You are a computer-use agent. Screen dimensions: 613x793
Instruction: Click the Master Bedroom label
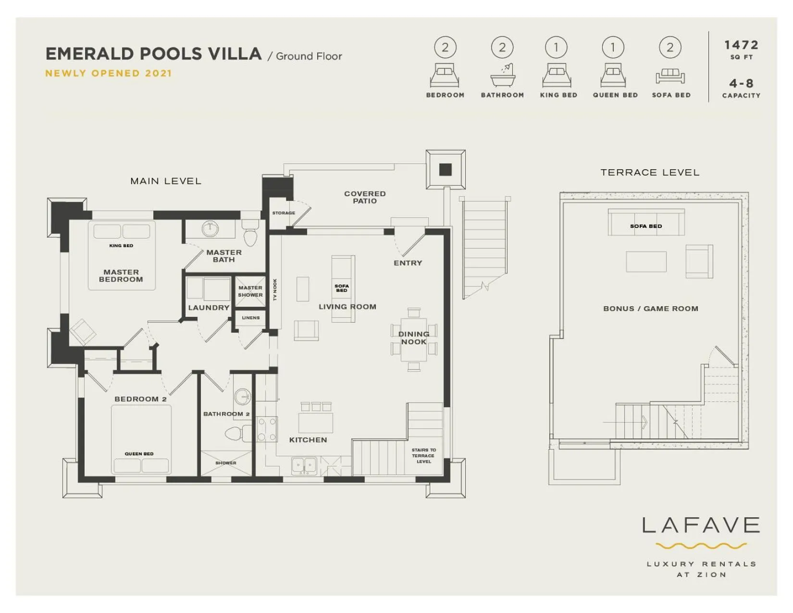click(x=121, y=275)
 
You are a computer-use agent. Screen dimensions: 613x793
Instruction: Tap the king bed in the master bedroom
click(x=122, y=255)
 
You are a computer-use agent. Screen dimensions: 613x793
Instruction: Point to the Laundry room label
click(x=209, y=308)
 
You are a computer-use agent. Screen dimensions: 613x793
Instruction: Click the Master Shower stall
click(x=250, y=291)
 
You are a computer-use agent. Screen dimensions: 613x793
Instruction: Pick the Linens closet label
click(x=250, y=318)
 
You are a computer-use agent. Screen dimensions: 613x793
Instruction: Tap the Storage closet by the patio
click(x=284, y=213)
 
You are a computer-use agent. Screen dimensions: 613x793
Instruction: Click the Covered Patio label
click(x=365, y=197)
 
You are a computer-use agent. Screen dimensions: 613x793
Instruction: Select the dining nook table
click(x=414, y=339)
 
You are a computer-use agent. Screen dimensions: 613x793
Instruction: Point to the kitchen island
click(x=315, y=423)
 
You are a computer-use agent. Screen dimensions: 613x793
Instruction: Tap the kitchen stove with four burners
click(x=267, y=429)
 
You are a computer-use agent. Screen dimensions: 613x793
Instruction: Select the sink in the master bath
click(x=210, y=229)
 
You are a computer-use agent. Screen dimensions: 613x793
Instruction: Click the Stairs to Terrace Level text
click(x=423, y=456)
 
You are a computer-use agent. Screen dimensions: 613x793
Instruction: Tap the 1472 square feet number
click(x=741, y=45)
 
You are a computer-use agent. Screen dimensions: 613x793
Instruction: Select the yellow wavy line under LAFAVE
click(x=701, y=546)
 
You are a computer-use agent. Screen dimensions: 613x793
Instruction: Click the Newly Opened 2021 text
click(x=109, y=74)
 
